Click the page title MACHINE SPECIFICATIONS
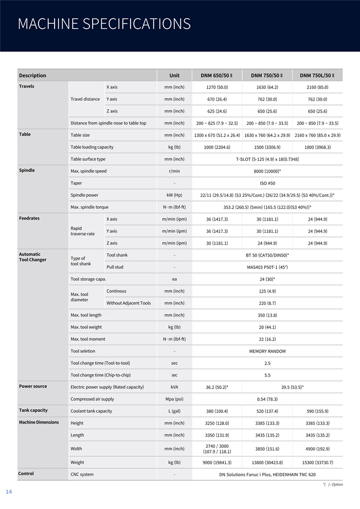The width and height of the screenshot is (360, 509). tap(104, 24)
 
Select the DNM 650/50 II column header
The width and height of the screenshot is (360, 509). tap(217, 76)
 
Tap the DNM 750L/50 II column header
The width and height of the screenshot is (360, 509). tap(317, 76)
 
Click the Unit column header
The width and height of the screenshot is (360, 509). tap(174, 76)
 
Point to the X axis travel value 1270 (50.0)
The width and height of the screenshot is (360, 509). tap(217, 87)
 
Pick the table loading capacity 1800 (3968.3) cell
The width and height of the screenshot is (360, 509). tap(317, 147)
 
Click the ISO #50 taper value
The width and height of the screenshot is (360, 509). tap(267, 183)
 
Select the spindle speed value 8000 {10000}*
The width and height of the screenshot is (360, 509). tap(267, 171)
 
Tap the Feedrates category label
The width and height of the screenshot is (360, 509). tap(30, 219)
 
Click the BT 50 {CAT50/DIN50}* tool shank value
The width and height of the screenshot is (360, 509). tap(267, 255)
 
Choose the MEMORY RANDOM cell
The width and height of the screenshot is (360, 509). tap(267, 351)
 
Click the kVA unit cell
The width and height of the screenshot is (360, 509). tap(174, 387)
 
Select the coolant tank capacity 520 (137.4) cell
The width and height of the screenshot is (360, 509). tap(267, 411)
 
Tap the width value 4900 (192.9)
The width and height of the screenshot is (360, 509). tap(317, 449)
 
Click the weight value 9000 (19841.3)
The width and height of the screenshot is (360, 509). tap(217, 463)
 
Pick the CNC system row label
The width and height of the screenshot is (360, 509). tap(82, 474)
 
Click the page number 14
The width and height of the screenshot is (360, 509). tap(9, 492)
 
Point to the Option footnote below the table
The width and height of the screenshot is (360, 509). tap(333, 484)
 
